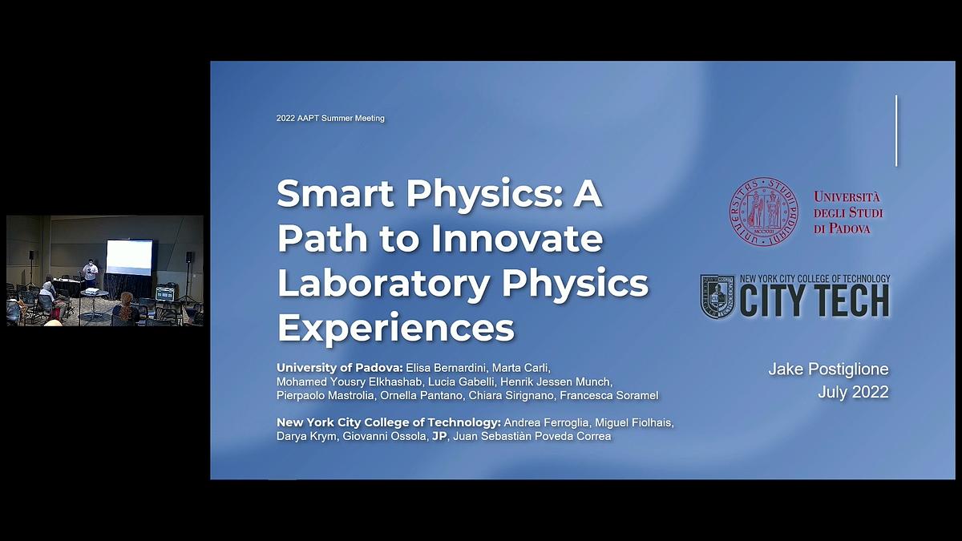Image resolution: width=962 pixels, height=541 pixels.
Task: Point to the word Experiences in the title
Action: click(395, 328)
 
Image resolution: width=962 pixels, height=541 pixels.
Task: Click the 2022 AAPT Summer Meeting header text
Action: click(330, 119)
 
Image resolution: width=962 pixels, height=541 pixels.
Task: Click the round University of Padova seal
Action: click(763, 212)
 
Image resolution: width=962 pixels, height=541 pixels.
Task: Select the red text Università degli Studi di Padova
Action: click(847, 212)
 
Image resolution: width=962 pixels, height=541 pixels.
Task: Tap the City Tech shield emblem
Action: click(717, 297)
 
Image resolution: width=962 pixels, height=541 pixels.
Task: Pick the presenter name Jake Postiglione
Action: click(828, 369)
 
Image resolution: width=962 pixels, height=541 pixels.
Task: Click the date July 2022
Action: click(853, 393)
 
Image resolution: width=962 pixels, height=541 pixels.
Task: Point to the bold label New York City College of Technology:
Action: click(389, 422)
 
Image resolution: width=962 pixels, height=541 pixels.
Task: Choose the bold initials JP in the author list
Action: click(439, 436)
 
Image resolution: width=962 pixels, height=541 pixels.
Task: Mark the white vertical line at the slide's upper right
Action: click(896, 131)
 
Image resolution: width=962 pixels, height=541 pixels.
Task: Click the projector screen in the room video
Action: click(129, 256)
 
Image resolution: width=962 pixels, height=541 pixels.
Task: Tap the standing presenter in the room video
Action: click(90, 273)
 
